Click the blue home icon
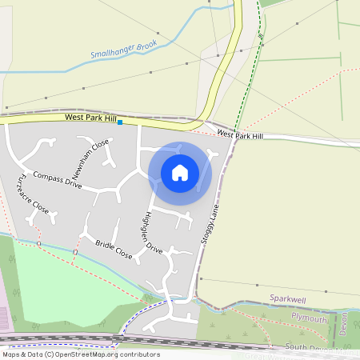pos(180,172)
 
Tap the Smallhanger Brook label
pos(124,50)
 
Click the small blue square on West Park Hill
pos(120,122)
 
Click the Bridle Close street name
pos(113,249)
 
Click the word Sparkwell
pos(288,298)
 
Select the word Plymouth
pos(309,318)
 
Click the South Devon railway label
pos(320,347)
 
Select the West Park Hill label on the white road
pos(240,135)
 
